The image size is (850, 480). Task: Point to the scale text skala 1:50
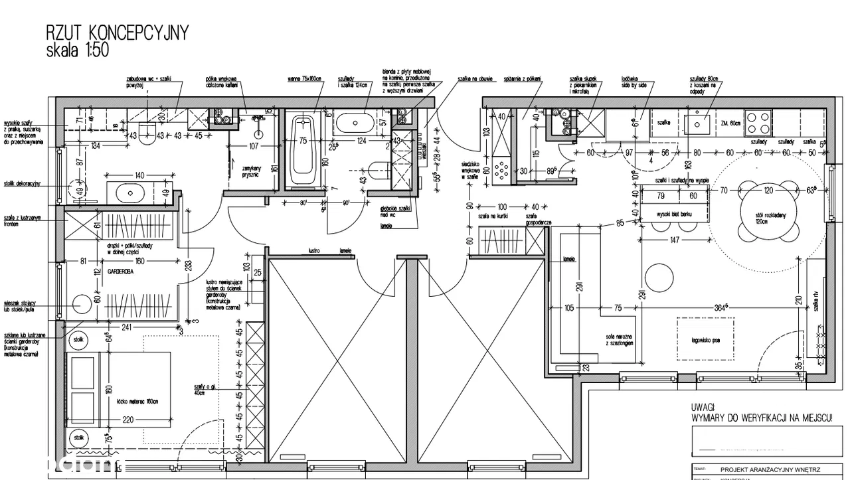77,49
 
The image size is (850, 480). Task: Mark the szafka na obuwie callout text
474,79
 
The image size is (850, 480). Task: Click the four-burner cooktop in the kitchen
758,123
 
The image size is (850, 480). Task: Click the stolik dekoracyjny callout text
22,183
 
